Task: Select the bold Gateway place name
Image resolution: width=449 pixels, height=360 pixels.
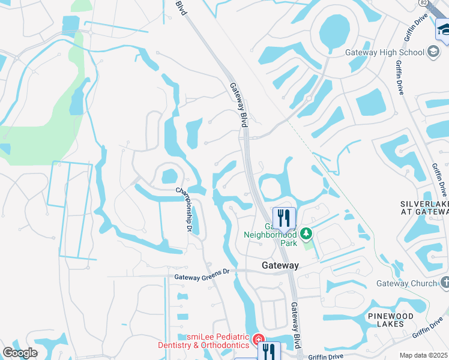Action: [280, 265]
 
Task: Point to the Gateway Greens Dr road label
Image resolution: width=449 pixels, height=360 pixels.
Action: [202, 277]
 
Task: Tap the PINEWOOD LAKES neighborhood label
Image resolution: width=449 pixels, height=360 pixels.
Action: [391, 320]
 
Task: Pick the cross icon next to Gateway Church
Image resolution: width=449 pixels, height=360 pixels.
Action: [445, 281]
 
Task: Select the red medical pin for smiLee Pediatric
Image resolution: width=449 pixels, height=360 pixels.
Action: [259, 340]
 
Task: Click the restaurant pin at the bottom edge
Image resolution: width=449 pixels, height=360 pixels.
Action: [269, 352]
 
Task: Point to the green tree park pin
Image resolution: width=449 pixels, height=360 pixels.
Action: [306, 233]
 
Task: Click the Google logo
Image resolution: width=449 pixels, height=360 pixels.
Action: [20, 352]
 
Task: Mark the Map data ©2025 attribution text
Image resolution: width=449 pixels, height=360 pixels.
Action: [423, 355]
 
